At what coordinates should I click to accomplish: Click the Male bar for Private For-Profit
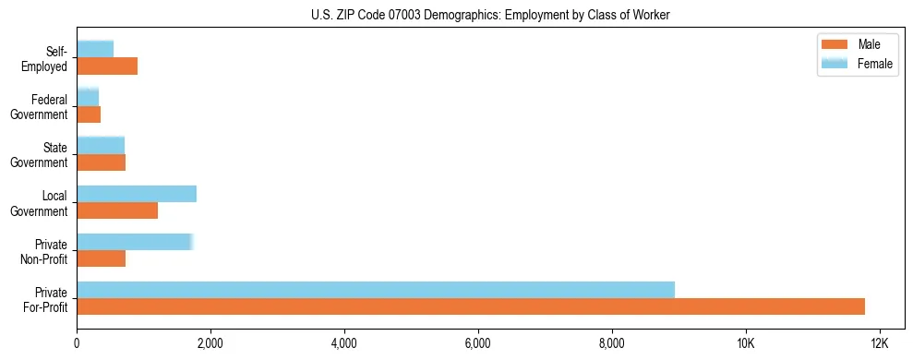point(471,306)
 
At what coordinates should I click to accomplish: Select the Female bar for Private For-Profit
point(376,290)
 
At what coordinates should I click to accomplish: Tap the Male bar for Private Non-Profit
point(102,258)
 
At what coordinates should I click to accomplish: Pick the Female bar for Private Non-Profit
point(135,242)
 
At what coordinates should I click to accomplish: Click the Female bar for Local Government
point(137,194)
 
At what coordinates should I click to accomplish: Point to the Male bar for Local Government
point(117,210)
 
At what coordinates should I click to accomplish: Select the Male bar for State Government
point(102,162)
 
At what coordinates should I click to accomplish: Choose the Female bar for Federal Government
point(88,97)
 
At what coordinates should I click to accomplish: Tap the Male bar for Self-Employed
point(107,66)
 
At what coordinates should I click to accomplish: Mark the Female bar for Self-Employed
point(95,49)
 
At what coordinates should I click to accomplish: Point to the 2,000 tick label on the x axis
point(210,343)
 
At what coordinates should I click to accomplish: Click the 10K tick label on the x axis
point(745,343)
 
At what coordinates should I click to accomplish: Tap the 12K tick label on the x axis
point(879,343)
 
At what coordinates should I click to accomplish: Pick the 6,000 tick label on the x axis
point(478,343)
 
